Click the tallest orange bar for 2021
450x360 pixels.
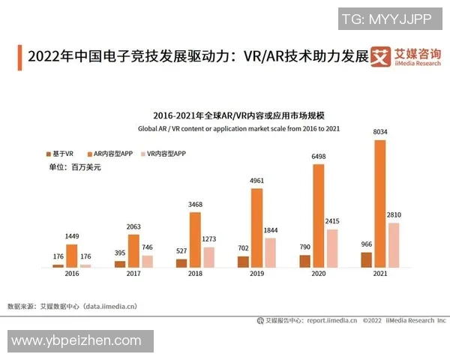coord(380,203)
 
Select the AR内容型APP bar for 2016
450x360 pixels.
coord(72,256)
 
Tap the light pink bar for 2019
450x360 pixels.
coord(270,253)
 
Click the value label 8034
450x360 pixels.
coord(382,133)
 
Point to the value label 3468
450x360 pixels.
coord(195,205)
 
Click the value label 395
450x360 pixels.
coord(120,253)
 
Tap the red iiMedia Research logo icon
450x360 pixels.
coord(381,56)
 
